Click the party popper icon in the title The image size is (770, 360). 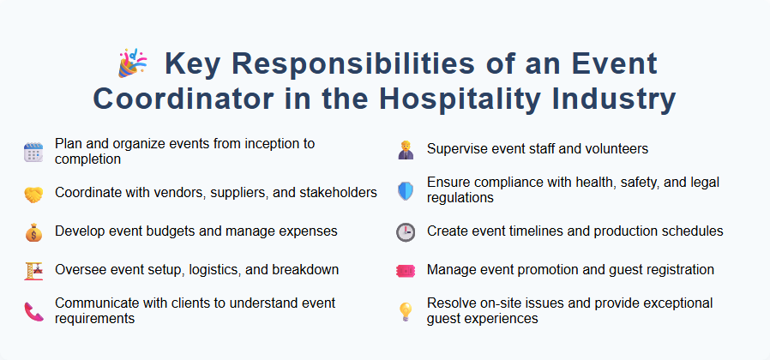point(132,64)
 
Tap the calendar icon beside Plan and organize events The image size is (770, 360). point(33,152)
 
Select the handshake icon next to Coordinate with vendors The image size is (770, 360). point(33,194)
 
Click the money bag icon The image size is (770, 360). point(33,232)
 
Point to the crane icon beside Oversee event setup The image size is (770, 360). point(33,271)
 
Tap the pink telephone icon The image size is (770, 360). point(33,311)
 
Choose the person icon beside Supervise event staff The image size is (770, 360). point(406,150)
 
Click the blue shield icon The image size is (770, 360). point(406,190)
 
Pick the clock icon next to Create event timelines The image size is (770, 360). point(406,232)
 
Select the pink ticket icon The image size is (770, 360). point(406,271)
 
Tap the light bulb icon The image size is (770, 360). point(406,311)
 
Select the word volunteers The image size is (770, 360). point(612,149)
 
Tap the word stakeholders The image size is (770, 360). point(336,192)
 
